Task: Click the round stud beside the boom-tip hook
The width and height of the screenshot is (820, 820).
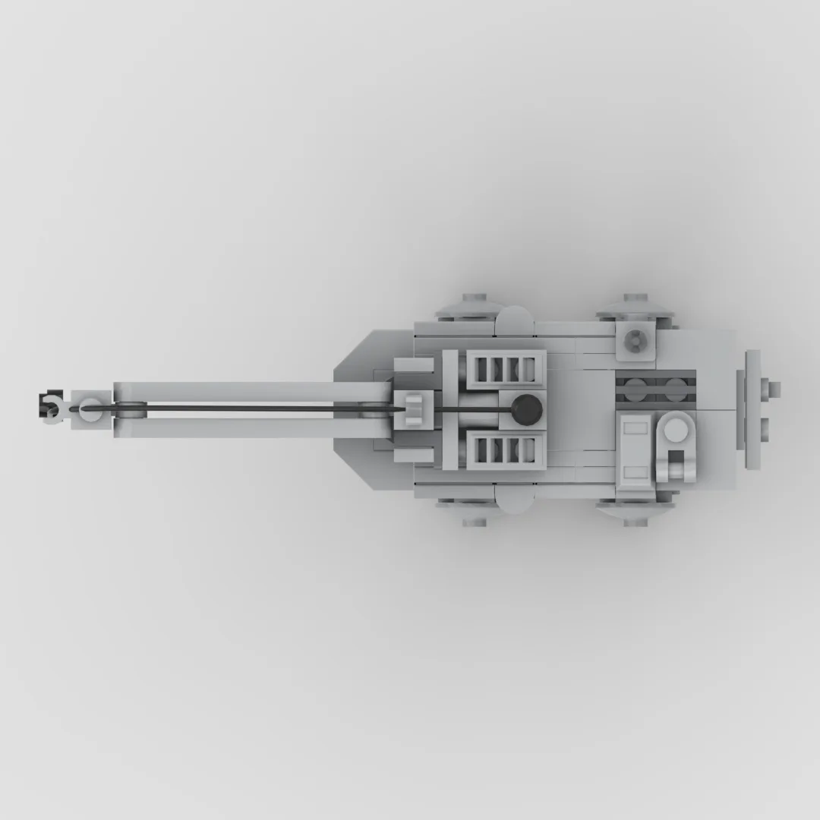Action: [90, 407]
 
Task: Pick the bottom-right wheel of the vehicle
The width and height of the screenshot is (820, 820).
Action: [636, 516]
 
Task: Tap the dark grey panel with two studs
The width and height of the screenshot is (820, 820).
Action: [654, 389]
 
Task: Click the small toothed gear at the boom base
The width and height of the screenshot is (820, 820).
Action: [415, 409]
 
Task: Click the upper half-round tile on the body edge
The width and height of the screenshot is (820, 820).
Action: [515, 319]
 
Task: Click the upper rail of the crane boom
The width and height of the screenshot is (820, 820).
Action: [251, 391]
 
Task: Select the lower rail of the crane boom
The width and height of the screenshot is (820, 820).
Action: [251, 427]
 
